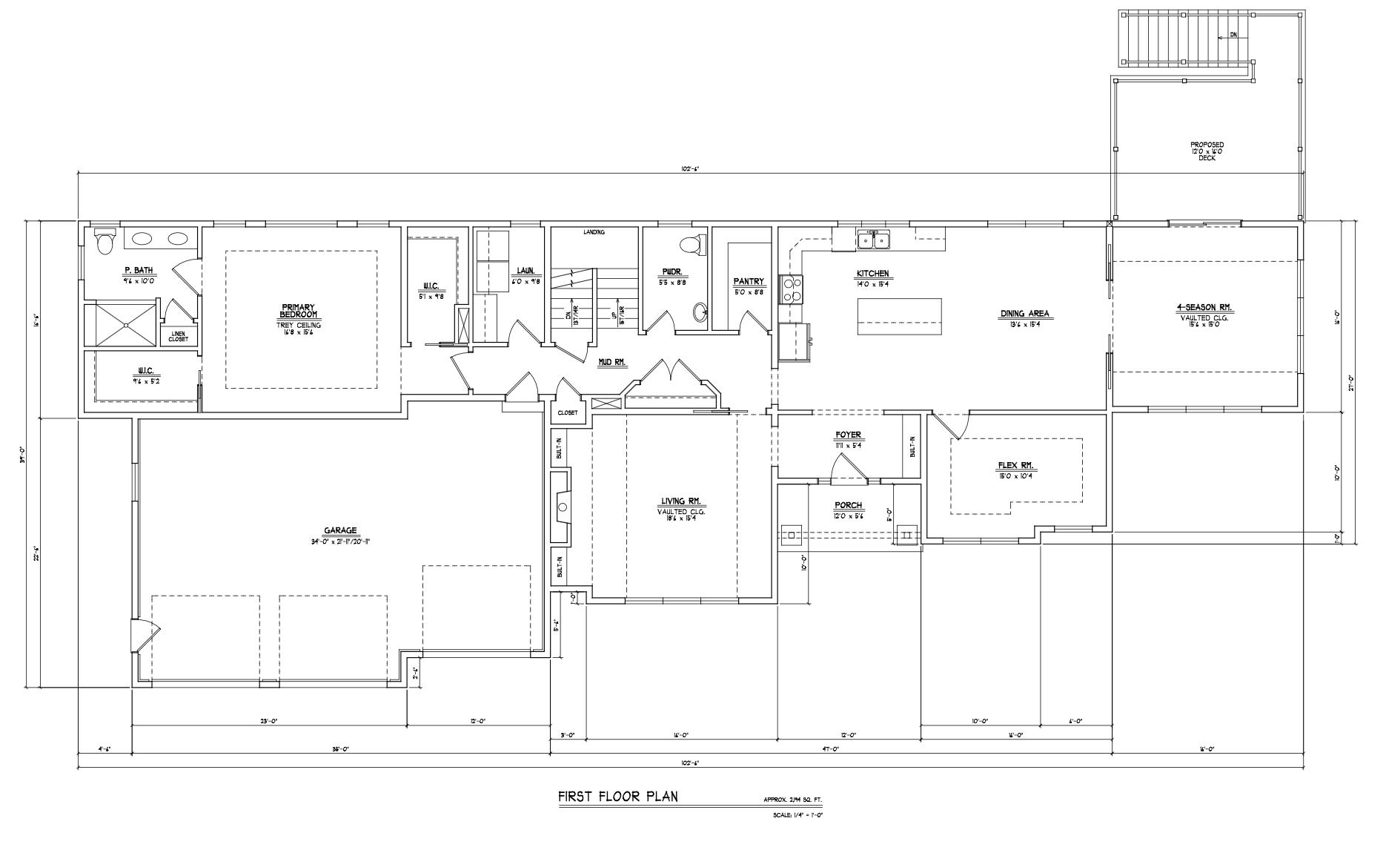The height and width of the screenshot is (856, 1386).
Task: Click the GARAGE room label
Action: [339, 530]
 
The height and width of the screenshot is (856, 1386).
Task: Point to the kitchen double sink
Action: [873, 240]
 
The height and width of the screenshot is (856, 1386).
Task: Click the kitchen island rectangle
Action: [899, 316]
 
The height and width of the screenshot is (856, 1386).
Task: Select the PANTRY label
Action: [748, 282]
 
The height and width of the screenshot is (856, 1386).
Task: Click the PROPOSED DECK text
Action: [1207, 151]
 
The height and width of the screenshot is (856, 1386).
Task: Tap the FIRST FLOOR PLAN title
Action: [617, 797]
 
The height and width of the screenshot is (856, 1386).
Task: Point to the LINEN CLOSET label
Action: [178, 336]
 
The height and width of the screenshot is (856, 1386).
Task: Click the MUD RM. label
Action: [612, 363]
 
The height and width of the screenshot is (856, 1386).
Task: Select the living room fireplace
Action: [562, 507]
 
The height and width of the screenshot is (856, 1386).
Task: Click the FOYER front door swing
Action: [847, 468]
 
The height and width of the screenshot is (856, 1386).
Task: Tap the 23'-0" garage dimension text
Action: [268, 721]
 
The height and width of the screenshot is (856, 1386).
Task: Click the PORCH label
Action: [848, 505]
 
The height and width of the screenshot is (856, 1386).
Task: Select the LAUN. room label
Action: [525, 271]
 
